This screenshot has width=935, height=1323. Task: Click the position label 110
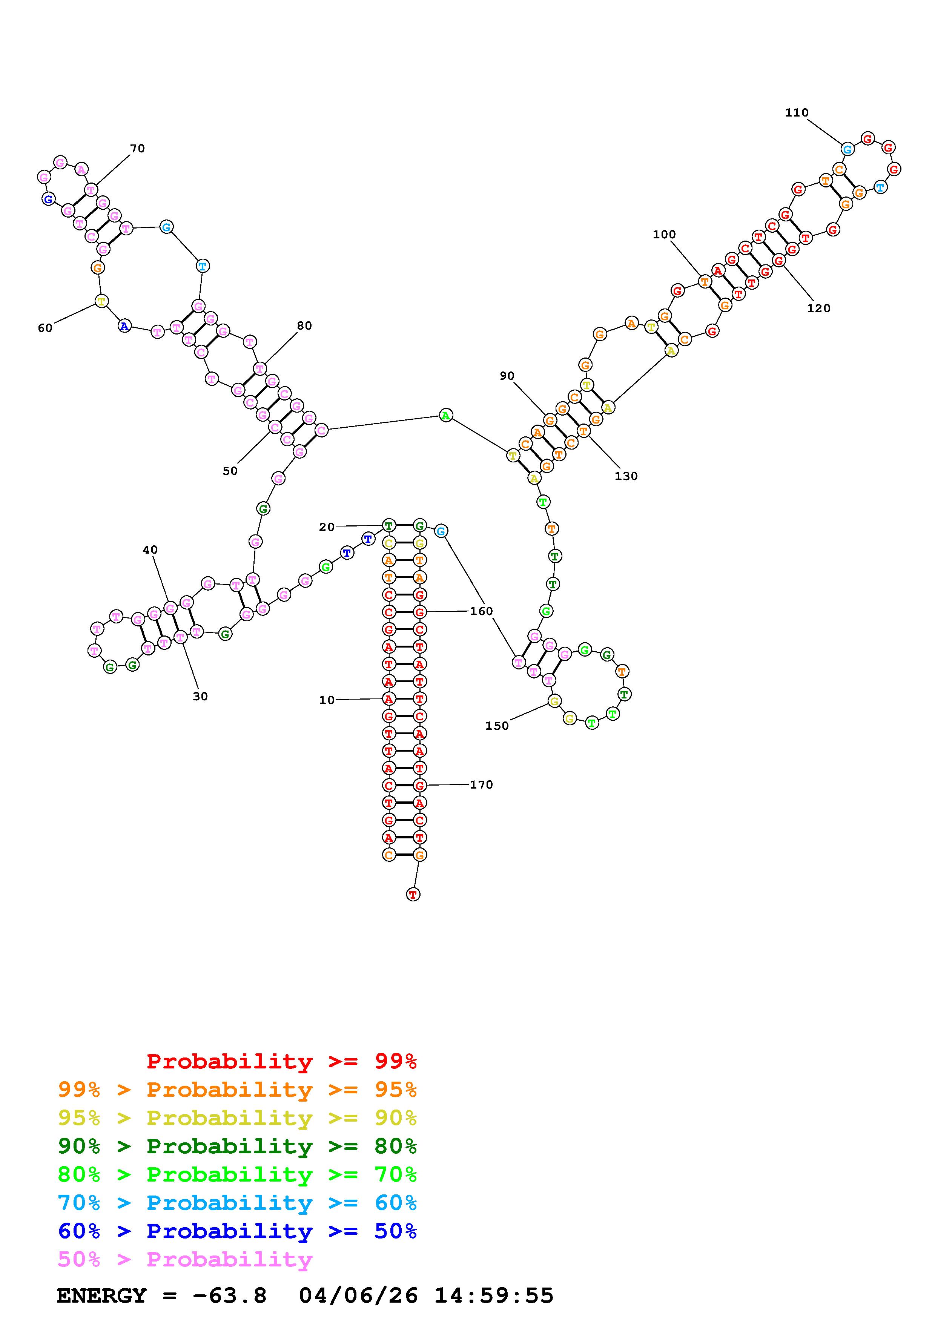pyautogui.click(x=797, y=113)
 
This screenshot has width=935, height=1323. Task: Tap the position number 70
pyautogui.click(x=137, y=149)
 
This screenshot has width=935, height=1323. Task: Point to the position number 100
pyautogui.click(x=664, y=235)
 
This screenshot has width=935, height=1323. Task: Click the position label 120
pyautogui.click(x=818, y=308)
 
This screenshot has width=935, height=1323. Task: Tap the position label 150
pyautogui.click(x=497, y=726)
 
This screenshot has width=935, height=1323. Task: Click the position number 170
pyautogui.click(x=482, y=785)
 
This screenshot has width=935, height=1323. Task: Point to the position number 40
pyautogui.click(x=150, y=550)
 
